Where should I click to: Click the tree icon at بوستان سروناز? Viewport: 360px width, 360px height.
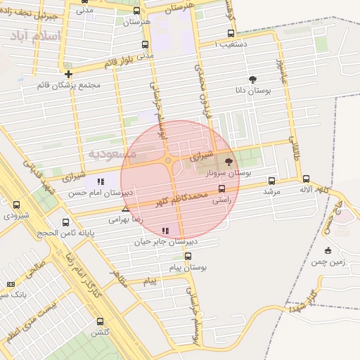coord(229,162)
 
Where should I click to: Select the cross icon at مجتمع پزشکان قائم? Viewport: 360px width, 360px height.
coord(68,74)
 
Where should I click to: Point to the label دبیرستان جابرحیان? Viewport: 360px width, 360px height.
coord(167,240)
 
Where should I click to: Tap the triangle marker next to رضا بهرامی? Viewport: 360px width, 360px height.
coord(125,209)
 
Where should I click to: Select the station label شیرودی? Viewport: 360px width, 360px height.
coord(16,215)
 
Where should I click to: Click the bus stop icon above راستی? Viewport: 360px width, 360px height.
coord(222,188)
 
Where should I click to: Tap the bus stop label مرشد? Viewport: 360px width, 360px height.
coord(271,191)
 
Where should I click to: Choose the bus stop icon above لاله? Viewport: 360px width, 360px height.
coord(307,179)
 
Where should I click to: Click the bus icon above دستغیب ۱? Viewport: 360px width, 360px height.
coord(231,33)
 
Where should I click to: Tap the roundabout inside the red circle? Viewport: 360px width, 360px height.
coord(169,161)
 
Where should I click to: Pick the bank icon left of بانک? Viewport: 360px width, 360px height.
coord(10,283)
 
